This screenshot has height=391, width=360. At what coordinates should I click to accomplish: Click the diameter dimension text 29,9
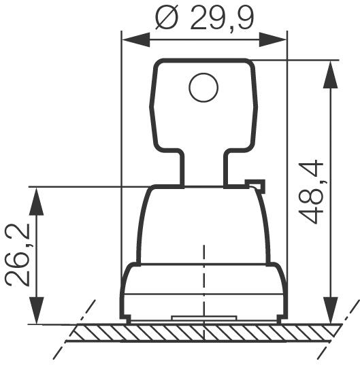click(222, 18)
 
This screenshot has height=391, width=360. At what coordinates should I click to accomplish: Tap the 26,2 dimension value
click(16, 255)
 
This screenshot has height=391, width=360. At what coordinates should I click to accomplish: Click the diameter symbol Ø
click(168, 18)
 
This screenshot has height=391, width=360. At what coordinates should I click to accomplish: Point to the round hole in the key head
click(203, 88)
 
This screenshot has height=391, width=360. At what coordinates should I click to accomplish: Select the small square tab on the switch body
click(255, 185)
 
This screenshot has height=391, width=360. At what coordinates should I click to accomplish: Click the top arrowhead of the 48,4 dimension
click(331, 71)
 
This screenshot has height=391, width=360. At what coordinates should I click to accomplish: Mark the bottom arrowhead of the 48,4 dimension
click(331, 312)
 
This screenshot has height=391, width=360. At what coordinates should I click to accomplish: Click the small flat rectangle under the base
click(203, 318)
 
